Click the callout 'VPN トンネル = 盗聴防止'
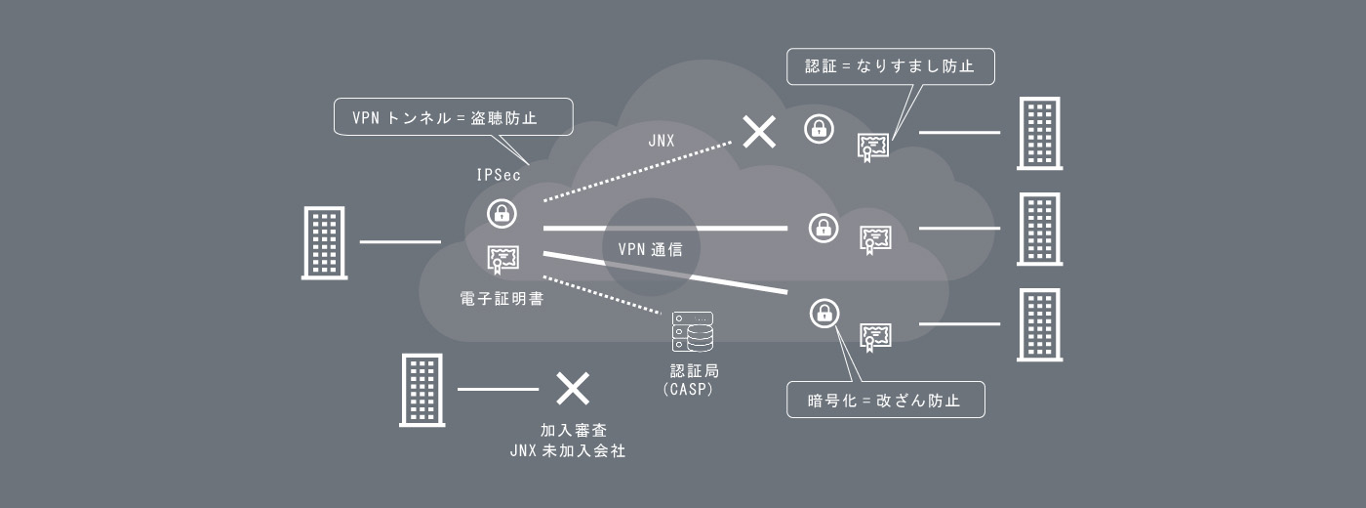[x=453, y=118]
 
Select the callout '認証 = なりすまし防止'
[x=890, y=66]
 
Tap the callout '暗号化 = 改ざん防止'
[x=885, y=400]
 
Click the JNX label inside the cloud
[x=662, y=141]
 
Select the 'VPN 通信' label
[x=650, y=249]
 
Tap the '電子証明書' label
[x=502, y=298]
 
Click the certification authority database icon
[x=693, y=332]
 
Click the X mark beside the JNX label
[x=758, y=132]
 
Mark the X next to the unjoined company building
[x=573, y=389]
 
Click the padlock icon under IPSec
[x=502, y=213]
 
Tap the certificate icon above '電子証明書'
[x=502, y=258]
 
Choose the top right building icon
[x=1039, y=133]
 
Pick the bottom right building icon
[x=1039, y=324]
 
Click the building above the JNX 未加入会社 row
[x=422, y=390]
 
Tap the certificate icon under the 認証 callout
[x=874, y=146]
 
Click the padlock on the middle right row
[x=824, y=228]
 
